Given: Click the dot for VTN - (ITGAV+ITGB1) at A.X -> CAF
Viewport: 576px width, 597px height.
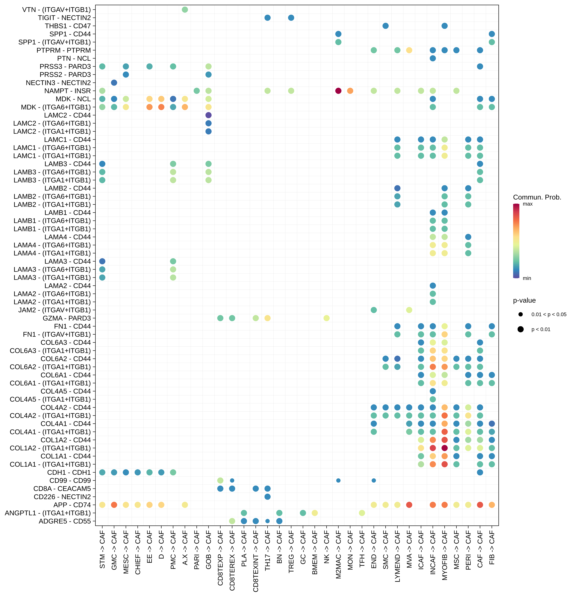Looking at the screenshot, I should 185,10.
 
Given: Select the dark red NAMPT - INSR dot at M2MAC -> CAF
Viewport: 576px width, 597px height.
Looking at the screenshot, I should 338,91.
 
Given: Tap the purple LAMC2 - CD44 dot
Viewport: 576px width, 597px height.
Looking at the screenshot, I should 209,115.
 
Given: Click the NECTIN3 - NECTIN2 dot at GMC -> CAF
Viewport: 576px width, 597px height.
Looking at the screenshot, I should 114,83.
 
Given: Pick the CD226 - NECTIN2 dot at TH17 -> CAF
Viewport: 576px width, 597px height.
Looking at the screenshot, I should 267,497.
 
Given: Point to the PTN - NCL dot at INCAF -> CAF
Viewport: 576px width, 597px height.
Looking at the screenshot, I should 433,58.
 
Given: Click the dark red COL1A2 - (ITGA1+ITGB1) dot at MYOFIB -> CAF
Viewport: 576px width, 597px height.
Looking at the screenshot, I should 445,448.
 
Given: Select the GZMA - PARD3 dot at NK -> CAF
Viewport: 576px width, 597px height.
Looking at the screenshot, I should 327,318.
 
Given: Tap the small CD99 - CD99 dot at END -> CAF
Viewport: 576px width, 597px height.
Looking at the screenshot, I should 374,480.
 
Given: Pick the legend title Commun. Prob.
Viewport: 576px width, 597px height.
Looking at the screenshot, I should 537,197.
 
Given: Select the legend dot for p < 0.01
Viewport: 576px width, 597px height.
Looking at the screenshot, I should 520,329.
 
